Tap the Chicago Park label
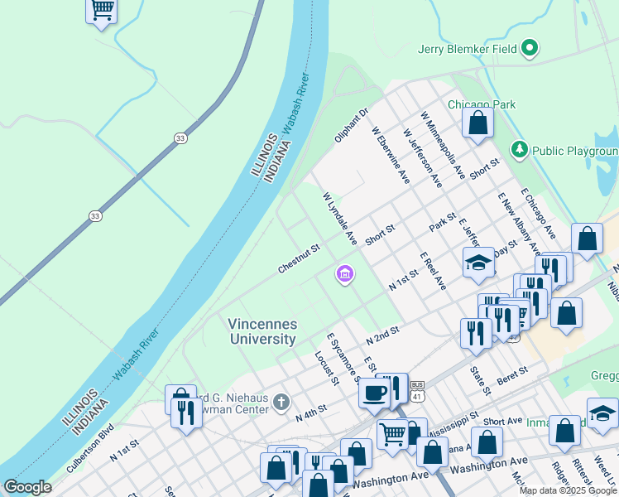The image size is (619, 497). point(481,104)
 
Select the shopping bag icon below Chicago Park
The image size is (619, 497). point(478,123)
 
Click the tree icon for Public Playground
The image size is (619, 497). point(520,150)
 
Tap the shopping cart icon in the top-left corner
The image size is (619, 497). point(102,10)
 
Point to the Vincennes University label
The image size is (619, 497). point(262,331)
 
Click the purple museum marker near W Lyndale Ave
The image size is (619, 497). point(344,273)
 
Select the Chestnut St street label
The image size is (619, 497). point(299,258)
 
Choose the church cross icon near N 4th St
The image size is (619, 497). point(281,403)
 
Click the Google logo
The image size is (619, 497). point(27,487)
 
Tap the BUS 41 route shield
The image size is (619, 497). point(418,391)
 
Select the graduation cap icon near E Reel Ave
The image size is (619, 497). point(478,263)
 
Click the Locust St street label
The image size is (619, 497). point(326,369)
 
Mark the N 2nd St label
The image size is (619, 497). point(382,335)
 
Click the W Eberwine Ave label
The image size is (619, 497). point(390,154)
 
